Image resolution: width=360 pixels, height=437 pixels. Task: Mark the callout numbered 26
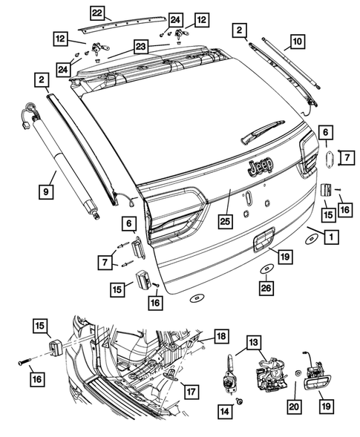coord(265,288)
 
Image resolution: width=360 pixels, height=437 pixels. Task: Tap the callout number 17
coord(192,391)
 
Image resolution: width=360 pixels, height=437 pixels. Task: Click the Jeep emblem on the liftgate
coord(260,166)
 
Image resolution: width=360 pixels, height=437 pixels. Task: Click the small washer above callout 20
coord(297,371)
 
